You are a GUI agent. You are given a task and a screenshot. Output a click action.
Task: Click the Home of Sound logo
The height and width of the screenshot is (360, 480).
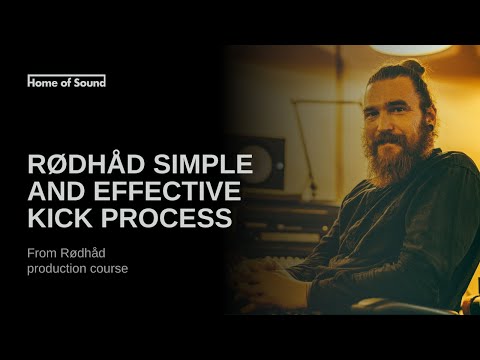[x=66, y=81]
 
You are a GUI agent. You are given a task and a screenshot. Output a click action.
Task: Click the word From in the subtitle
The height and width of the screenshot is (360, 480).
[x=42, y=253]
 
